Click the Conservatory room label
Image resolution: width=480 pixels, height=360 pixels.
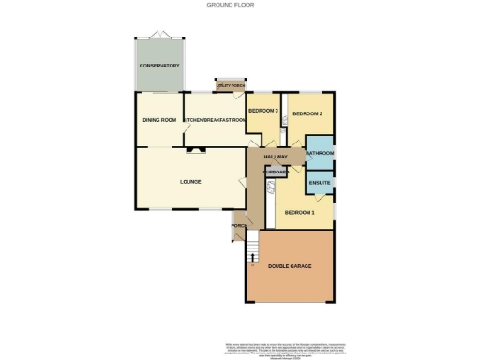[158, 66]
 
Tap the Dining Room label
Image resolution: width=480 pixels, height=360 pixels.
[159, 120]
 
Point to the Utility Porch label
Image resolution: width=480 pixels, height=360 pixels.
[225, 84]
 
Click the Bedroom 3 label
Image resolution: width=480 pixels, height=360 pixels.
[262, 110]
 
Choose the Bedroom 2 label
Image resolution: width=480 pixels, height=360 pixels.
[307, 113]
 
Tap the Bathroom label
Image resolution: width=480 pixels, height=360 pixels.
[320, 153]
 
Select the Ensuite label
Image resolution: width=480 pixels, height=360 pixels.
[320, 181]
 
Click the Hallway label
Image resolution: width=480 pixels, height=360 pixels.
[276, 156]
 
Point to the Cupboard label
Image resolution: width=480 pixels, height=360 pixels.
[276, 172]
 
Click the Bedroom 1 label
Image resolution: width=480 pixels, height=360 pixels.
[300, 212]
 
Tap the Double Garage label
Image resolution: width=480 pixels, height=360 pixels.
[290, 267]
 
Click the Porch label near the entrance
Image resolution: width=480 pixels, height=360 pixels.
[238, 225]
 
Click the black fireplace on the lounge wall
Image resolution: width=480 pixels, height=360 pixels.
[192, 147]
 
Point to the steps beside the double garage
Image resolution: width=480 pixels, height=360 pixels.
[251, 251]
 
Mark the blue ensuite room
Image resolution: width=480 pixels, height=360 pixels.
[320, 178]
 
